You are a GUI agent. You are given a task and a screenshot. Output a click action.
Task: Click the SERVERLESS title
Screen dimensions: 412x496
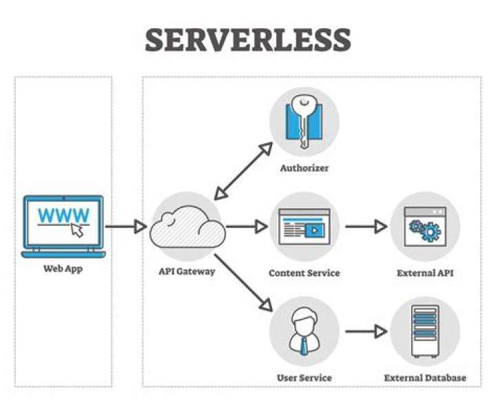(248, 41)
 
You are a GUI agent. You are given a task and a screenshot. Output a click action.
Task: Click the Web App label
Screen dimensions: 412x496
(63, 269)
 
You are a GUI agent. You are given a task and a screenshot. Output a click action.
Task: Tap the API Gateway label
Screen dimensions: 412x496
(187, 271)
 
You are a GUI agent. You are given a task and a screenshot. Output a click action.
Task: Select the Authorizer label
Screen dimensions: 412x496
(304, 167)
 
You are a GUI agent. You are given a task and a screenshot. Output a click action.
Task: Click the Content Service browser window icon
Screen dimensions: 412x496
(304, 227)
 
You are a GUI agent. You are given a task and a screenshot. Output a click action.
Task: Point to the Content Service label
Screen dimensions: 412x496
(304, 273)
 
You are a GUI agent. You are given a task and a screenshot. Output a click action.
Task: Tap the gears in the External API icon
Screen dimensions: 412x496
(424, 229)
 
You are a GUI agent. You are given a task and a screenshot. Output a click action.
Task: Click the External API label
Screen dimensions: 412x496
(425, 273)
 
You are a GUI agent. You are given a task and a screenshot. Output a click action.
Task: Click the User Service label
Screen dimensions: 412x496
(304, 378)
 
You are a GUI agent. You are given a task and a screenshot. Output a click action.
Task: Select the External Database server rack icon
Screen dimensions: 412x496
(424, 331)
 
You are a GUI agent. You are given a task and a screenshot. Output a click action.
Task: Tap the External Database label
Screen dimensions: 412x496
(425, 378)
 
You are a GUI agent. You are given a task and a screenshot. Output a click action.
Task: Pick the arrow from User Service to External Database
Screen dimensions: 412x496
(366, 331)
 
